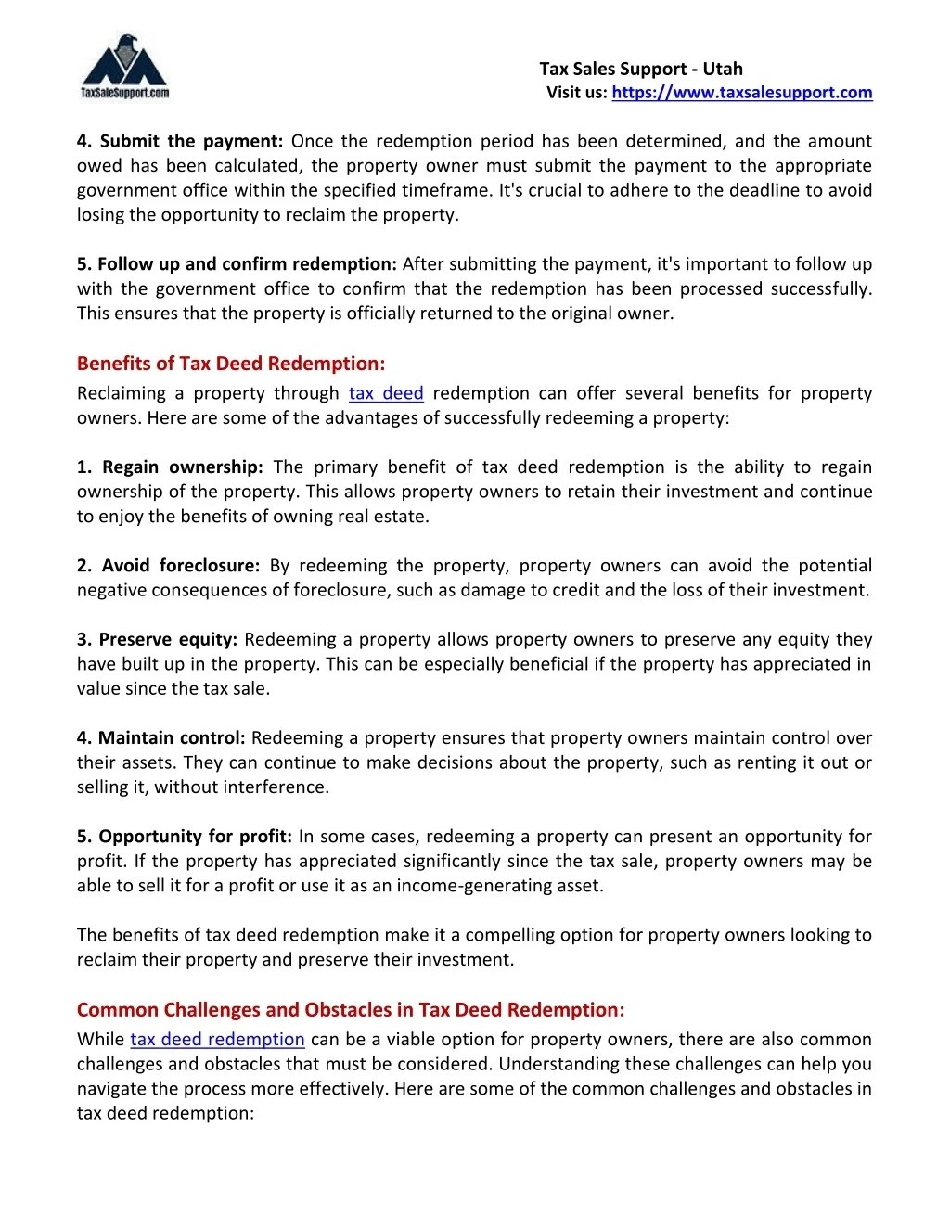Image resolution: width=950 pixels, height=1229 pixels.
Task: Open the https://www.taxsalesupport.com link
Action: pos(741,92)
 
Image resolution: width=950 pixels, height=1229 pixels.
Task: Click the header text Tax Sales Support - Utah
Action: pos(641,69)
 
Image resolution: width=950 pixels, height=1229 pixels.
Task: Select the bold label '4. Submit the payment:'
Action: pos(180,141)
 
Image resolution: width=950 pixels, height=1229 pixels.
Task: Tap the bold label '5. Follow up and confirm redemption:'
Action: pos(237,264)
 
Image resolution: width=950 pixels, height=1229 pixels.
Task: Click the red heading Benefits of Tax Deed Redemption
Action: pos(231,364)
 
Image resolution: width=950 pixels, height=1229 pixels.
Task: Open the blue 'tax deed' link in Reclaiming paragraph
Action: pos(386,393)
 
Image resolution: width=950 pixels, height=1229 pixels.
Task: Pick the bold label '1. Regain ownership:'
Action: pos(171,467)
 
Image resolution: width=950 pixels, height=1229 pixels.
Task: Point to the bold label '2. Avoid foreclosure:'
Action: pos(171,566)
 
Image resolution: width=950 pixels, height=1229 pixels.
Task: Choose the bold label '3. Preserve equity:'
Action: pos(158,640)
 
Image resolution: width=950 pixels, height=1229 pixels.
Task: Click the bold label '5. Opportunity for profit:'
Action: pos(185,837)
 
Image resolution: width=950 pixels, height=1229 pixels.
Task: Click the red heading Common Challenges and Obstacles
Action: pos(351,1010)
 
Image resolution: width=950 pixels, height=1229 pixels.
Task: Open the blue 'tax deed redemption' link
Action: pos(217,1040)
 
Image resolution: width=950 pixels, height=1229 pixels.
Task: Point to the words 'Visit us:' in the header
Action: pos(576,92)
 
